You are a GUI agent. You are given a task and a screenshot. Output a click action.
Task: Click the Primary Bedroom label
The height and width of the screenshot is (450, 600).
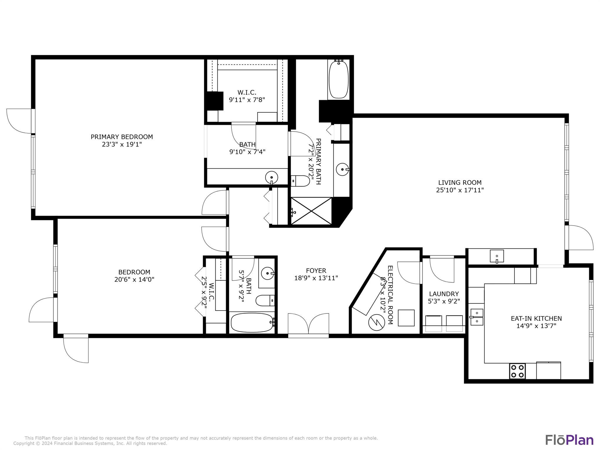coord(122,137)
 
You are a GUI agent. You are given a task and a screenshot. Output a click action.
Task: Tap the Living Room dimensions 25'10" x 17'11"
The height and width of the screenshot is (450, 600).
coord(460,190)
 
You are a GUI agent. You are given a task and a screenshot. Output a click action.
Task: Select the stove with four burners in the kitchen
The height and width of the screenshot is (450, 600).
coord(517,371)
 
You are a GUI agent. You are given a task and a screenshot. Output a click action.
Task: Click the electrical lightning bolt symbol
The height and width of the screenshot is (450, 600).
coord(376,322)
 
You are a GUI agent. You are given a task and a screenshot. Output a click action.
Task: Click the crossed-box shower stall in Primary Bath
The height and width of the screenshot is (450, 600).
coord(311,211)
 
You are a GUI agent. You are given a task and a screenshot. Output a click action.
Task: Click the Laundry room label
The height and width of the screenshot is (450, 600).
coord(444,294)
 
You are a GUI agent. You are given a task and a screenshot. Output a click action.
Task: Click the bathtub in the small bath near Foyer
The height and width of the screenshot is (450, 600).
coord(252,323)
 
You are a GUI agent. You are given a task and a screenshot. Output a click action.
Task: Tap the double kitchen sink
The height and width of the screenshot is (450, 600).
coord(477,317)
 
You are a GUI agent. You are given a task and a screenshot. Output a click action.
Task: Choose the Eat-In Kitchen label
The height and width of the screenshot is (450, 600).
coord(536,318)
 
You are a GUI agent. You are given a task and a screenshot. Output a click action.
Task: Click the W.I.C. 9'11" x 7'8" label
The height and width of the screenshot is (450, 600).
coord(247,96)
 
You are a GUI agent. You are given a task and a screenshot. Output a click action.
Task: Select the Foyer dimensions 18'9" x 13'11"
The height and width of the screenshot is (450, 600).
coord(316,278)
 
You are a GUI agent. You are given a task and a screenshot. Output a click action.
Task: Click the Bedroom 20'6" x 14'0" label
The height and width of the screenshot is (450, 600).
coord(134,276)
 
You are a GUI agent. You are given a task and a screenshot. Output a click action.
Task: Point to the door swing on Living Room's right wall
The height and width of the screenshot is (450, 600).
coord(580,238)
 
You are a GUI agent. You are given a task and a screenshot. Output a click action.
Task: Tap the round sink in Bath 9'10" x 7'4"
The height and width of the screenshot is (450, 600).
coord(271,177)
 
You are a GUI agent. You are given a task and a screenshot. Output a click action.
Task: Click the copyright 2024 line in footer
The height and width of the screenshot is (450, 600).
coord(90,444)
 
